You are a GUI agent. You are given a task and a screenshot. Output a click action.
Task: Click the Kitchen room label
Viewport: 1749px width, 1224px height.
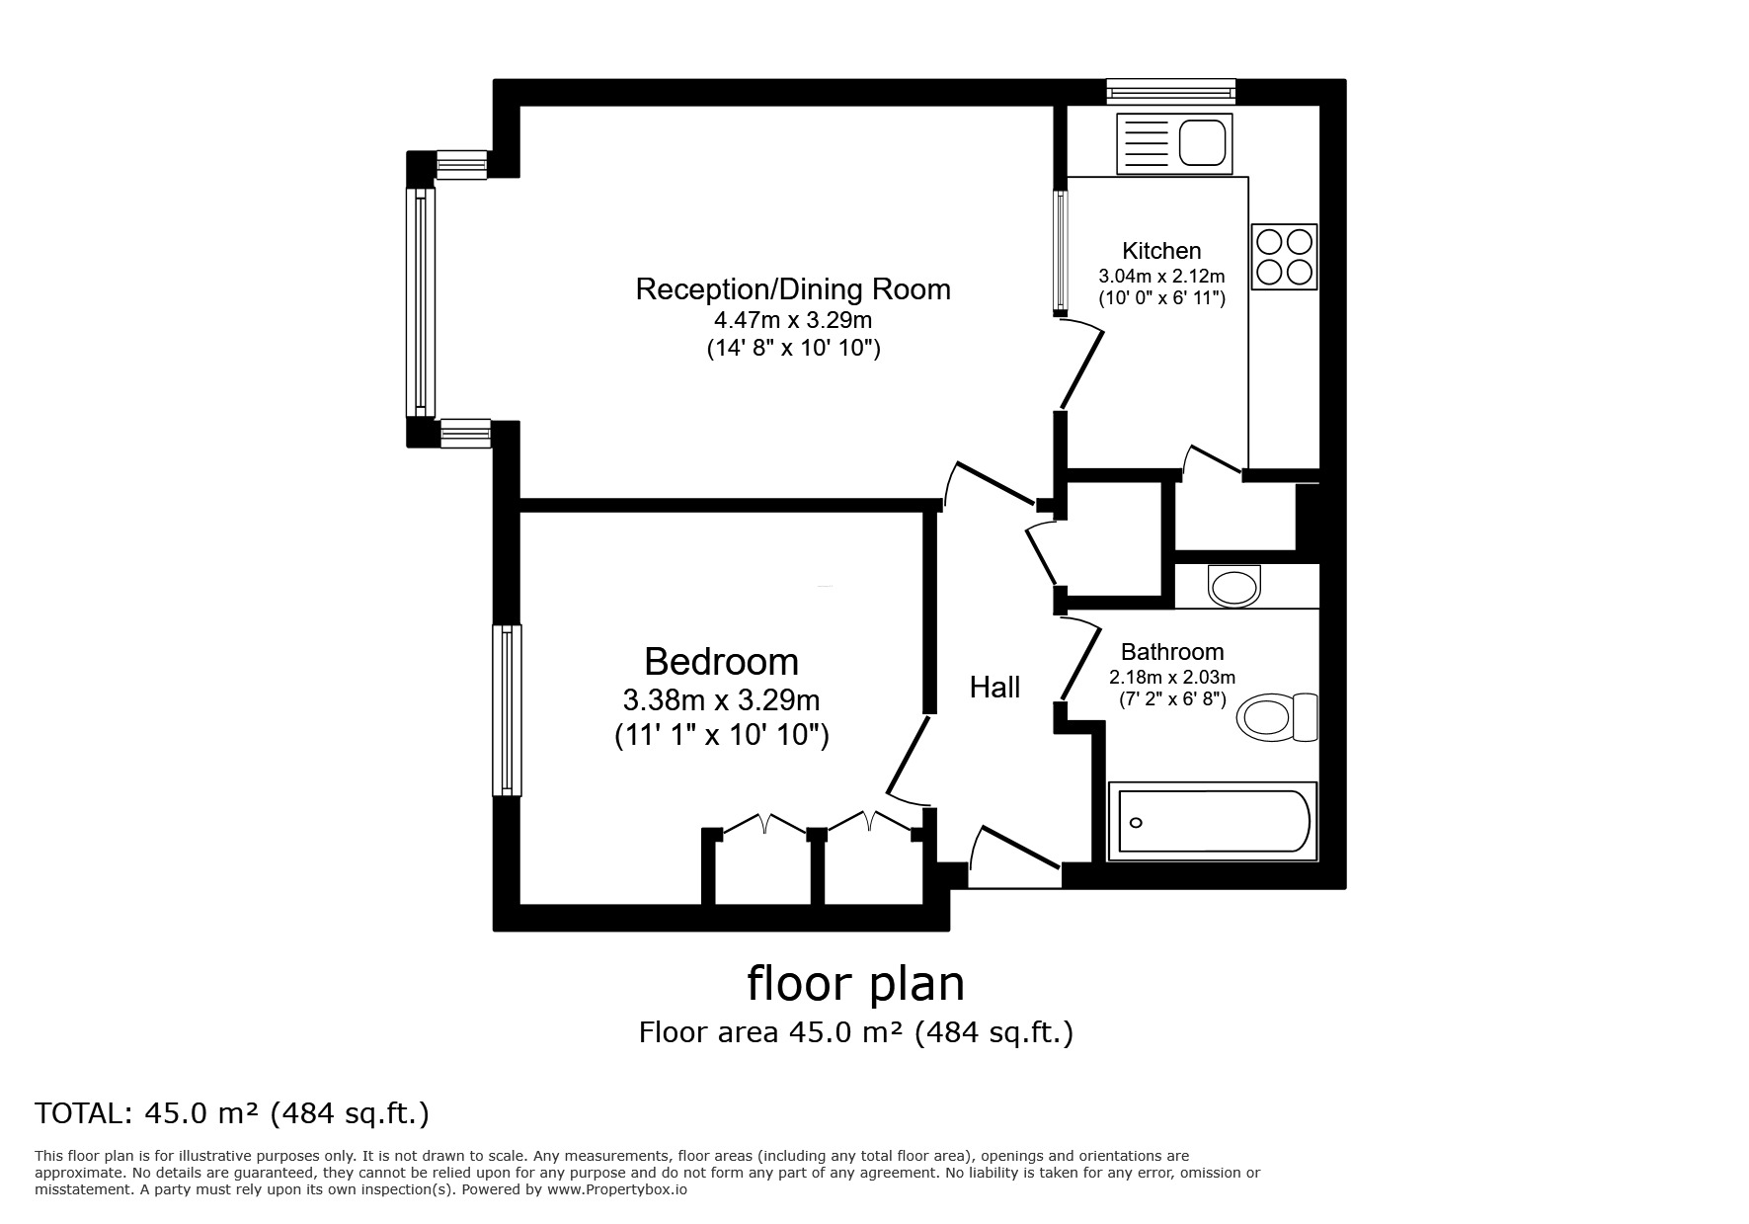click(1161, 251)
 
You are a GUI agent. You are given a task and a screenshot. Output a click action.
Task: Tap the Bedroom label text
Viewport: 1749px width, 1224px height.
click(721, 661)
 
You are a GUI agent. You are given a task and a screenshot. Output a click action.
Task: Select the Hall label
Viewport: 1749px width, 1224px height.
click(994, 688)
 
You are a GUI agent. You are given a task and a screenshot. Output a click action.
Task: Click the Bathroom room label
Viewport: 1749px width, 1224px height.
click(1172, 652)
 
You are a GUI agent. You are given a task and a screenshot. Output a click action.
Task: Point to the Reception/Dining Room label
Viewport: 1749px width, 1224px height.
click(793, 289)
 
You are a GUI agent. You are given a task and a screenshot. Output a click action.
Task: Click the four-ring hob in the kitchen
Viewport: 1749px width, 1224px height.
click(1284, 257)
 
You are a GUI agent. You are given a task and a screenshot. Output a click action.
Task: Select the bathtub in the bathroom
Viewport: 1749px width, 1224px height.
click(1213, 821)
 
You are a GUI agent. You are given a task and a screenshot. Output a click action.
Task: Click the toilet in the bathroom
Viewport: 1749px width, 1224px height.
click(1278, 716)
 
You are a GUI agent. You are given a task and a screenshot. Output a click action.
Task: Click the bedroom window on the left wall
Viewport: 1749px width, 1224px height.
click(508, 710)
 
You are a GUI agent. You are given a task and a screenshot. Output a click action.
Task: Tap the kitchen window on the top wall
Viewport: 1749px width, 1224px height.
click(1170, 93)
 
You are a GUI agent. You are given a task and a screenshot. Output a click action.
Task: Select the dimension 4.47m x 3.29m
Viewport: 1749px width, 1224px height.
click(793, 320)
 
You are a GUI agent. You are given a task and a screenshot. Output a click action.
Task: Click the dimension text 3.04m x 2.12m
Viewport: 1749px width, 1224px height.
click(1161, 277)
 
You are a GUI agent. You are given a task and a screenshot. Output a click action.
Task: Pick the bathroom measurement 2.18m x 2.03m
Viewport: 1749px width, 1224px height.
click(1172, 678)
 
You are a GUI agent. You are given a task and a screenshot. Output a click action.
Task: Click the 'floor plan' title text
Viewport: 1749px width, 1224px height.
click(855, 984)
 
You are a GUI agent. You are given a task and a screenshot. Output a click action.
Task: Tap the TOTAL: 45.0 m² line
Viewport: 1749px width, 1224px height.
click(232, 1113)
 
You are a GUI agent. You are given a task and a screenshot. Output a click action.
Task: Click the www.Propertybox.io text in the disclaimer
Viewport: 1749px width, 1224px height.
click(617, 1189)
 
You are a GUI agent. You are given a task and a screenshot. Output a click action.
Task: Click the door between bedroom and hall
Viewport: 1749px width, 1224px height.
click(907, 759)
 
